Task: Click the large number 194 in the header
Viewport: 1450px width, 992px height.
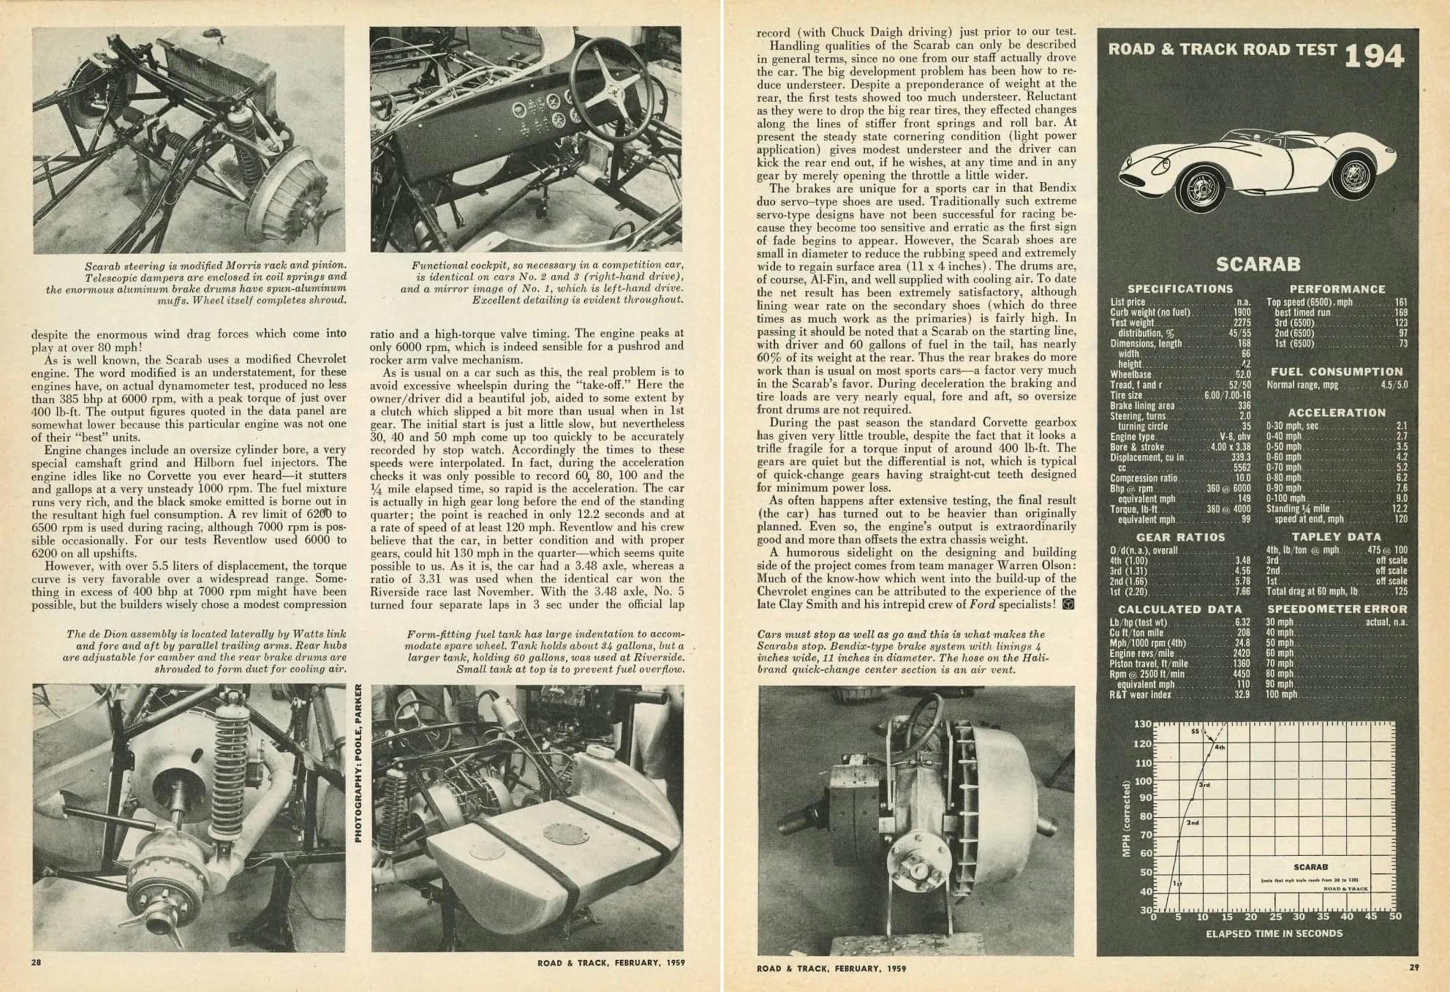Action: coord(1373,56)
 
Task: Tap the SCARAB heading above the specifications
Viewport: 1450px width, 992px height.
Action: coord(1257,264)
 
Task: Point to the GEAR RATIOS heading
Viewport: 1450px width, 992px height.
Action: coord(1180,537)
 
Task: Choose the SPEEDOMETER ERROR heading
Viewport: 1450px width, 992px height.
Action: coord(1337,609)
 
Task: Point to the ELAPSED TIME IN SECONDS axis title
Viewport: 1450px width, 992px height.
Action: coord(1274,933)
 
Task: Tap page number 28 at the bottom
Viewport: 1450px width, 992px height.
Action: coord(36,963)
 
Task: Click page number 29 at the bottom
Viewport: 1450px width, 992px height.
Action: coord(1413,969)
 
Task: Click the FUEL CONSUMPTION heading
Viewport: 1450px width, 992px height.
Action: coord(1337,372)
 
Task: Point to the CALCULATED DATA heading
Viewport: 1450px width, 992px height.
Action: coord(1179,609)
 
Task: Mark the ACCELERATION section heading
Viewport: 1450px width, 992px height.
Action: coord(1337,413)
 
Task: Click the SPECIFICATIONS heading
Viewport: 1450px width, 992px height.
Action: coord(1179,289)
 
